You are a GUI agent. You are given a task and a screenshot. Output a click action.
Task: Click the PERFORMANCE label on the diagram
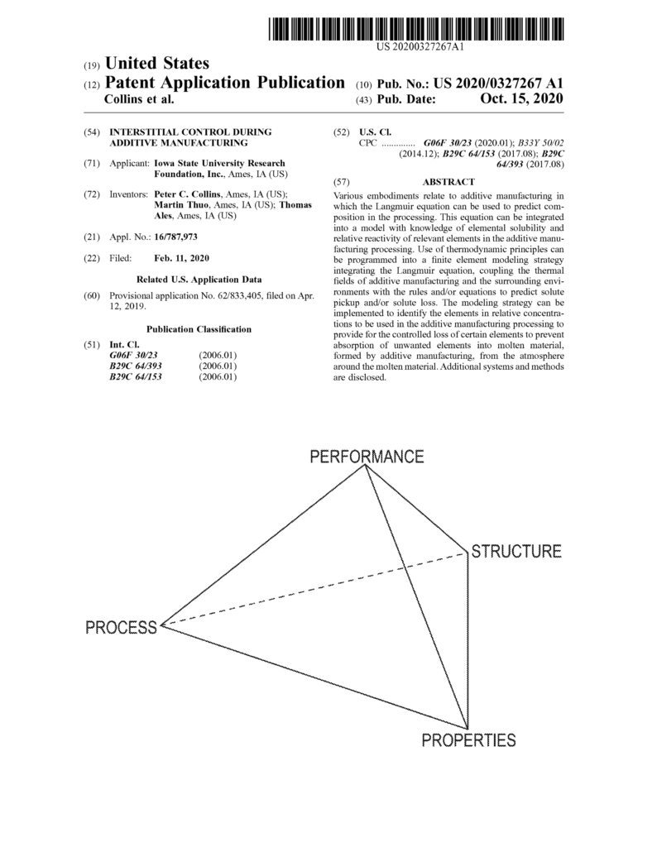point(367,457)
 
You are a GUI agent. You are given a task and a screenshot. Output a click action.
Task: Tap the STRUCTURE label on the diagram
point(516,551)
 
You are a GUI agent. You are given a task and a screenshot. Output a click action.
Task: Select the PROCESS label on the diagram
point(121,627)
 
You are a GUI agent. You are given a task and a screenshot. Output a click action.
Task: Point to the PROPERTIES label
point(468,740)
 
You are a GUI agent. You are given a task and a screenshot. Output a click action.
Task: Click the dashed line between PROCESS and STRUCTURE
point(314,588)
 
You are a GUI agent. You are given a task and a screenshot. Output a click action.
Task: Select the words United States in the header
point(157,64)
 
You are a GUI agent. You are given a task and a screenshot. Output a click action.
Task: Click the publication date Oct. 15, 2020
point(521,99)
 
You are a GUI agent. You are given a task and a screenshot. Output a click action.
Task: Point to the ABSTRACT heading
point(448,182)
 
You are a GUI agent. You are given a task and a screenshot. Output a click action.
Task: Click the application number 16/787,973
point(175,237)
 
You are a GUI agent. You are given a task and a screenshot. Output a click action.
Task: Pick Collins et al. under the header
point(137,99)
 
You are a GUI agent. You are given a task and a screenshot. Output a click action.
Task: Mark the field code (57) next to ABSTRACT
point(340,182)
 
